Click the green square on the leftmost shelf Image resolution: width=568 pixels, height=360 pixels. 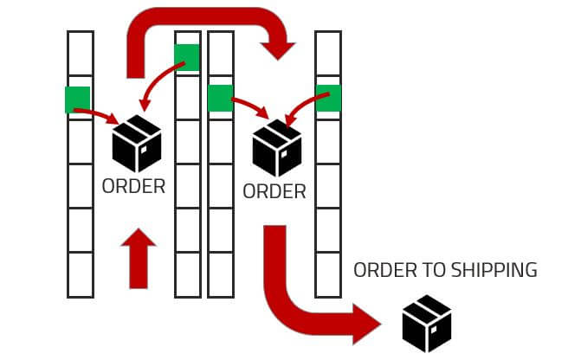77,100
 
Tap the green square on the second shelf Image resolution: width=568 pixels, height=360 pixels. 187,57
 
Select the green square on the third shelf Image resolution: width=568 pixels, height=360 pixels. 220,98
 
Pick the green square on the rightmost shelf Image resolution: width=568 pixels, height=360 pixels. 328,98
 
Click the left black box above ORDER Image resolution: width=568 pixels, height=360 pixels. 137,144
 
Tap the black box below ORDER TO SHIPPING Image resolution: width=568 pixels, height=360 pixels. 427,322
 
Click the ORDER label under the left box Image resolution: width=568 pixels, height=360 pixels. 133,186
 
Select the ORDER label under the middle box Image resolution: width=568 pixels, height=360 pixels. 274,191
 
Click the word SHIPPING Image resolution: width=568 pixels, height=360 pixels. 493,270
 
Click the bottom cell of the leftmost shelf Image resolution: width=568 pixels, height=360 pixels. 80,275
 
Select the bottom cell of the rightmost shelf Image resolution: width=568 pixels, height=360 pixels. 327,275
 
